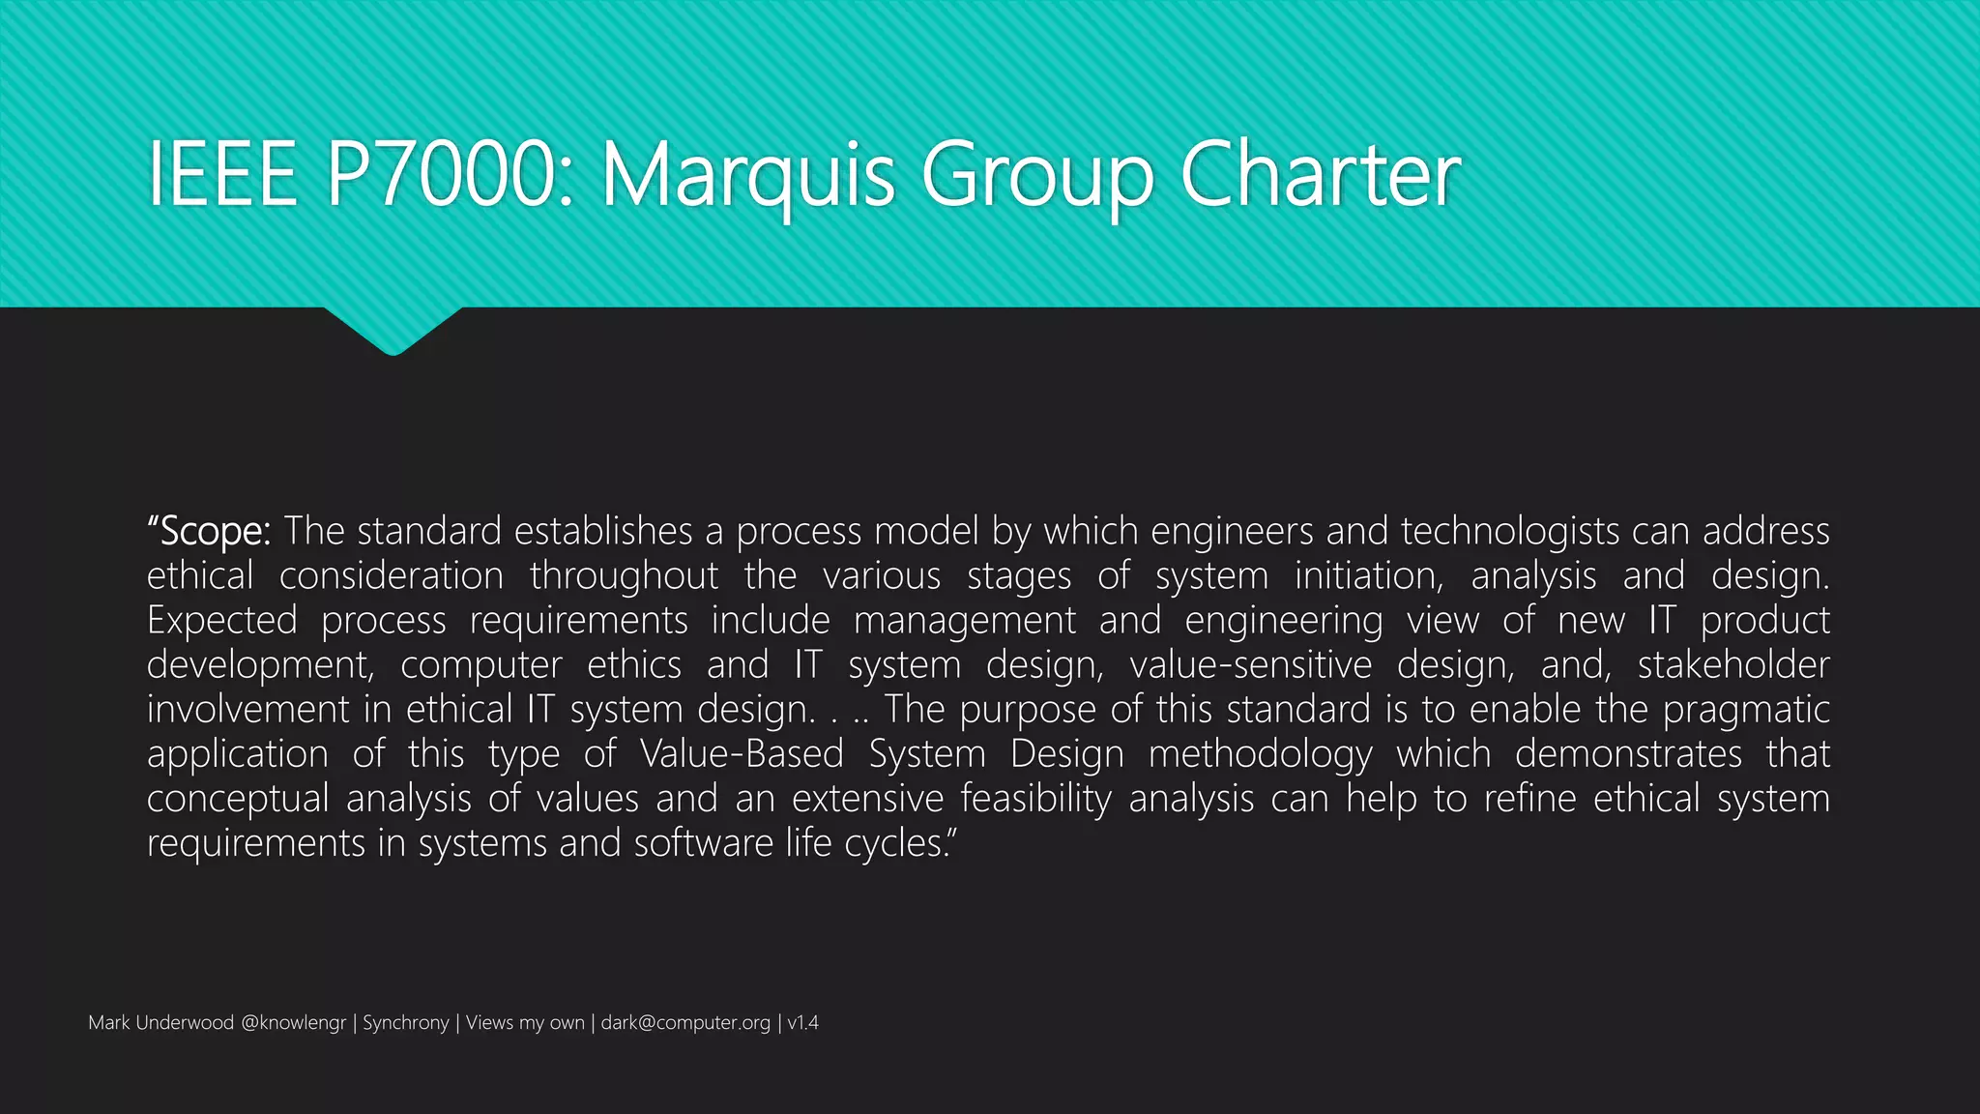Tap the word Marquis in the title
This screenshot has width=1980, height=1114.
(x=749, y=177)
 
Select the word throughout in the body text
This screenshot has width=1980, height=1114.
(x=625, y=576)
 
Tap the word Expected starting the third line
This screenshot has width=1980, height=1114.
(x=222, y=621)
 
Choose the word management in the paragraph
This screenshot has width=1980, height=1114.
(x=964, y=621)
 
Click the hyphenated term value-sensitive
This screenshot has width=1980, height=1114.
(x=1250, y=665)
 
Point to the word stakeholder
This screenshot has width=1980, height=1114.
(x=1732, y=665)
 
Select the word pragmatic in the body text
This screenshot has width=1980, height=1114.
(x=1746, y=710)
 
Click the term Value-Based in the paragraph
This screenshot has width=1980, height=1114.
(x=742, y=754)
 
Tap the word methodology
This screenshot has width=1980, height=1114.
(x=1260, y=754)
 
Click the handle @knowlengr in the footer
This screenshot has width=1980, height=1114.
(x=293, y=1023)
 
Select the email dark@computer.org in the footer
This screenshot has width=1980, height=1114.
(x=685, y=1023)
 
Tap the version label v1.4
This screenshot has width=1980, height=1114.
(x=802, y=1023)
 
